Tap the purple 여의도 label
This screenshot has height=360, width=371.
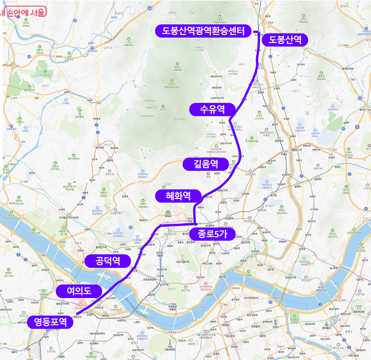tap(79, 291)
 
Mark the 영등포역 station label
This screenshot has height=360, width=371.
tap(50, 322)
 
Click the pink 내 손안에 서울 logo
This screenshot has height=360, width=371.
tap(23, 11)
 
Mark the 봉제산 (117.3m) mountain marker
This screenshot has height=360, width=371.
tap(8, 271)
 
